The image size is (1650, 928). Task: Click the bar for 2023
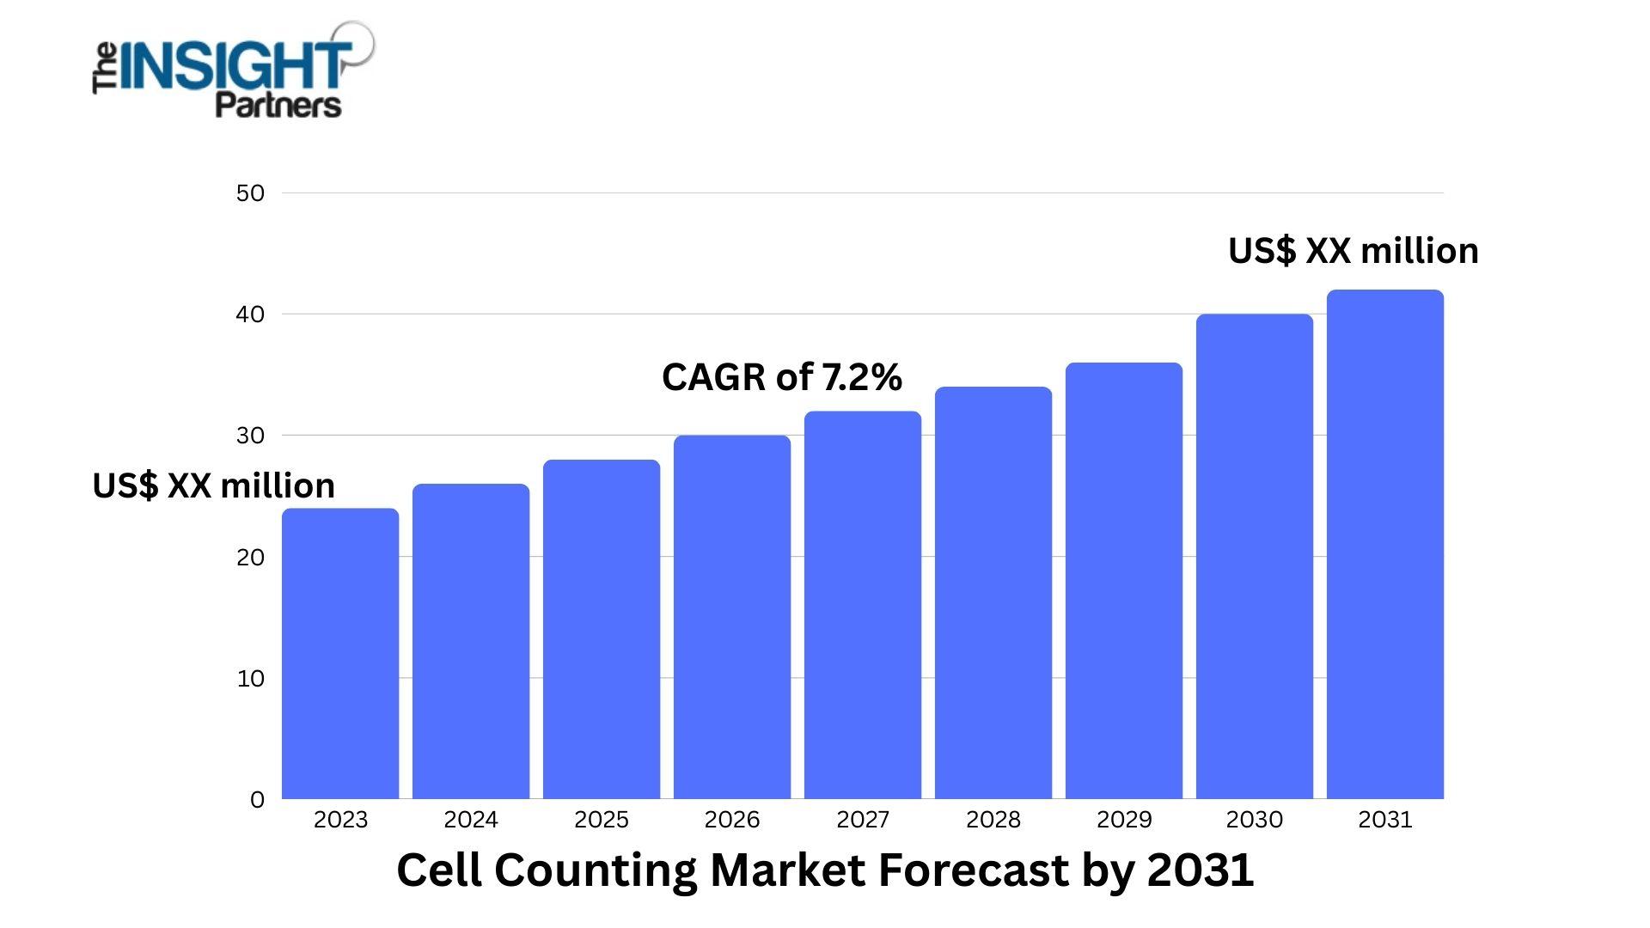pyautogui.click(x=340, y=653)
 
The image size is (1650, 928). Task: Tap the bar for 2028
pyautogui.click(x=993, y=593)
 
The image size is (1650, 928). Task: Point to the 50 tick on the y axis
pyautogui.click(x=250, y=193)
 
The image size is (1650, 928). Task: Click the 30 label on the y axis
pyautogui.click(x=250, y=436)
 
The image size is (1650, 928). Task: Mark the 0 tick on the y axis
pyautogui.click(x=257, y=800)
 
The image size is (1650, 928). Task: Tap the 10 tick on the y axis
pyautogui.click(x=250, y=679)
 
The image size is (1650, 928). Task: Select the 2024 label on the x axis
pyautogui.click(x=471, y=820)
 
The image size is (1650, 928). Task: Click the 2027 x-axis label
pyautogui.click(x=863, y=820)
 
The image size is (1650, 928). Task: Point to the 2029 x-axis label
pyautogui.click(x=1124, y=820)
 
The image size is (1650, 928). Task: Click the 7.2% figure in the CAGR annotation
pyautogui.click(x=862, y=377)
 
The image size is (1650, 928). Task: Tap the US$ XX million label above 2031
pyautogui.click(x=1353, y=251)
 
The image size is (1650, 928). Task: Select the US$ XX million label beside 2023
pyautogui.click(x=213, y=486)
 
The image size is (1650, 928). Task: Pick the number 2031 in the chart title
pyautogui.click(x=1201, y=870)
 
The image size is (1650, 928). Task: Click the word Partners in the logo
pyautogui.click(x=278, y=105)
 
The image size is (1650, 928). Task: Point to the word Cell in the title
pyautogui.click(x=439, y=870)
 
